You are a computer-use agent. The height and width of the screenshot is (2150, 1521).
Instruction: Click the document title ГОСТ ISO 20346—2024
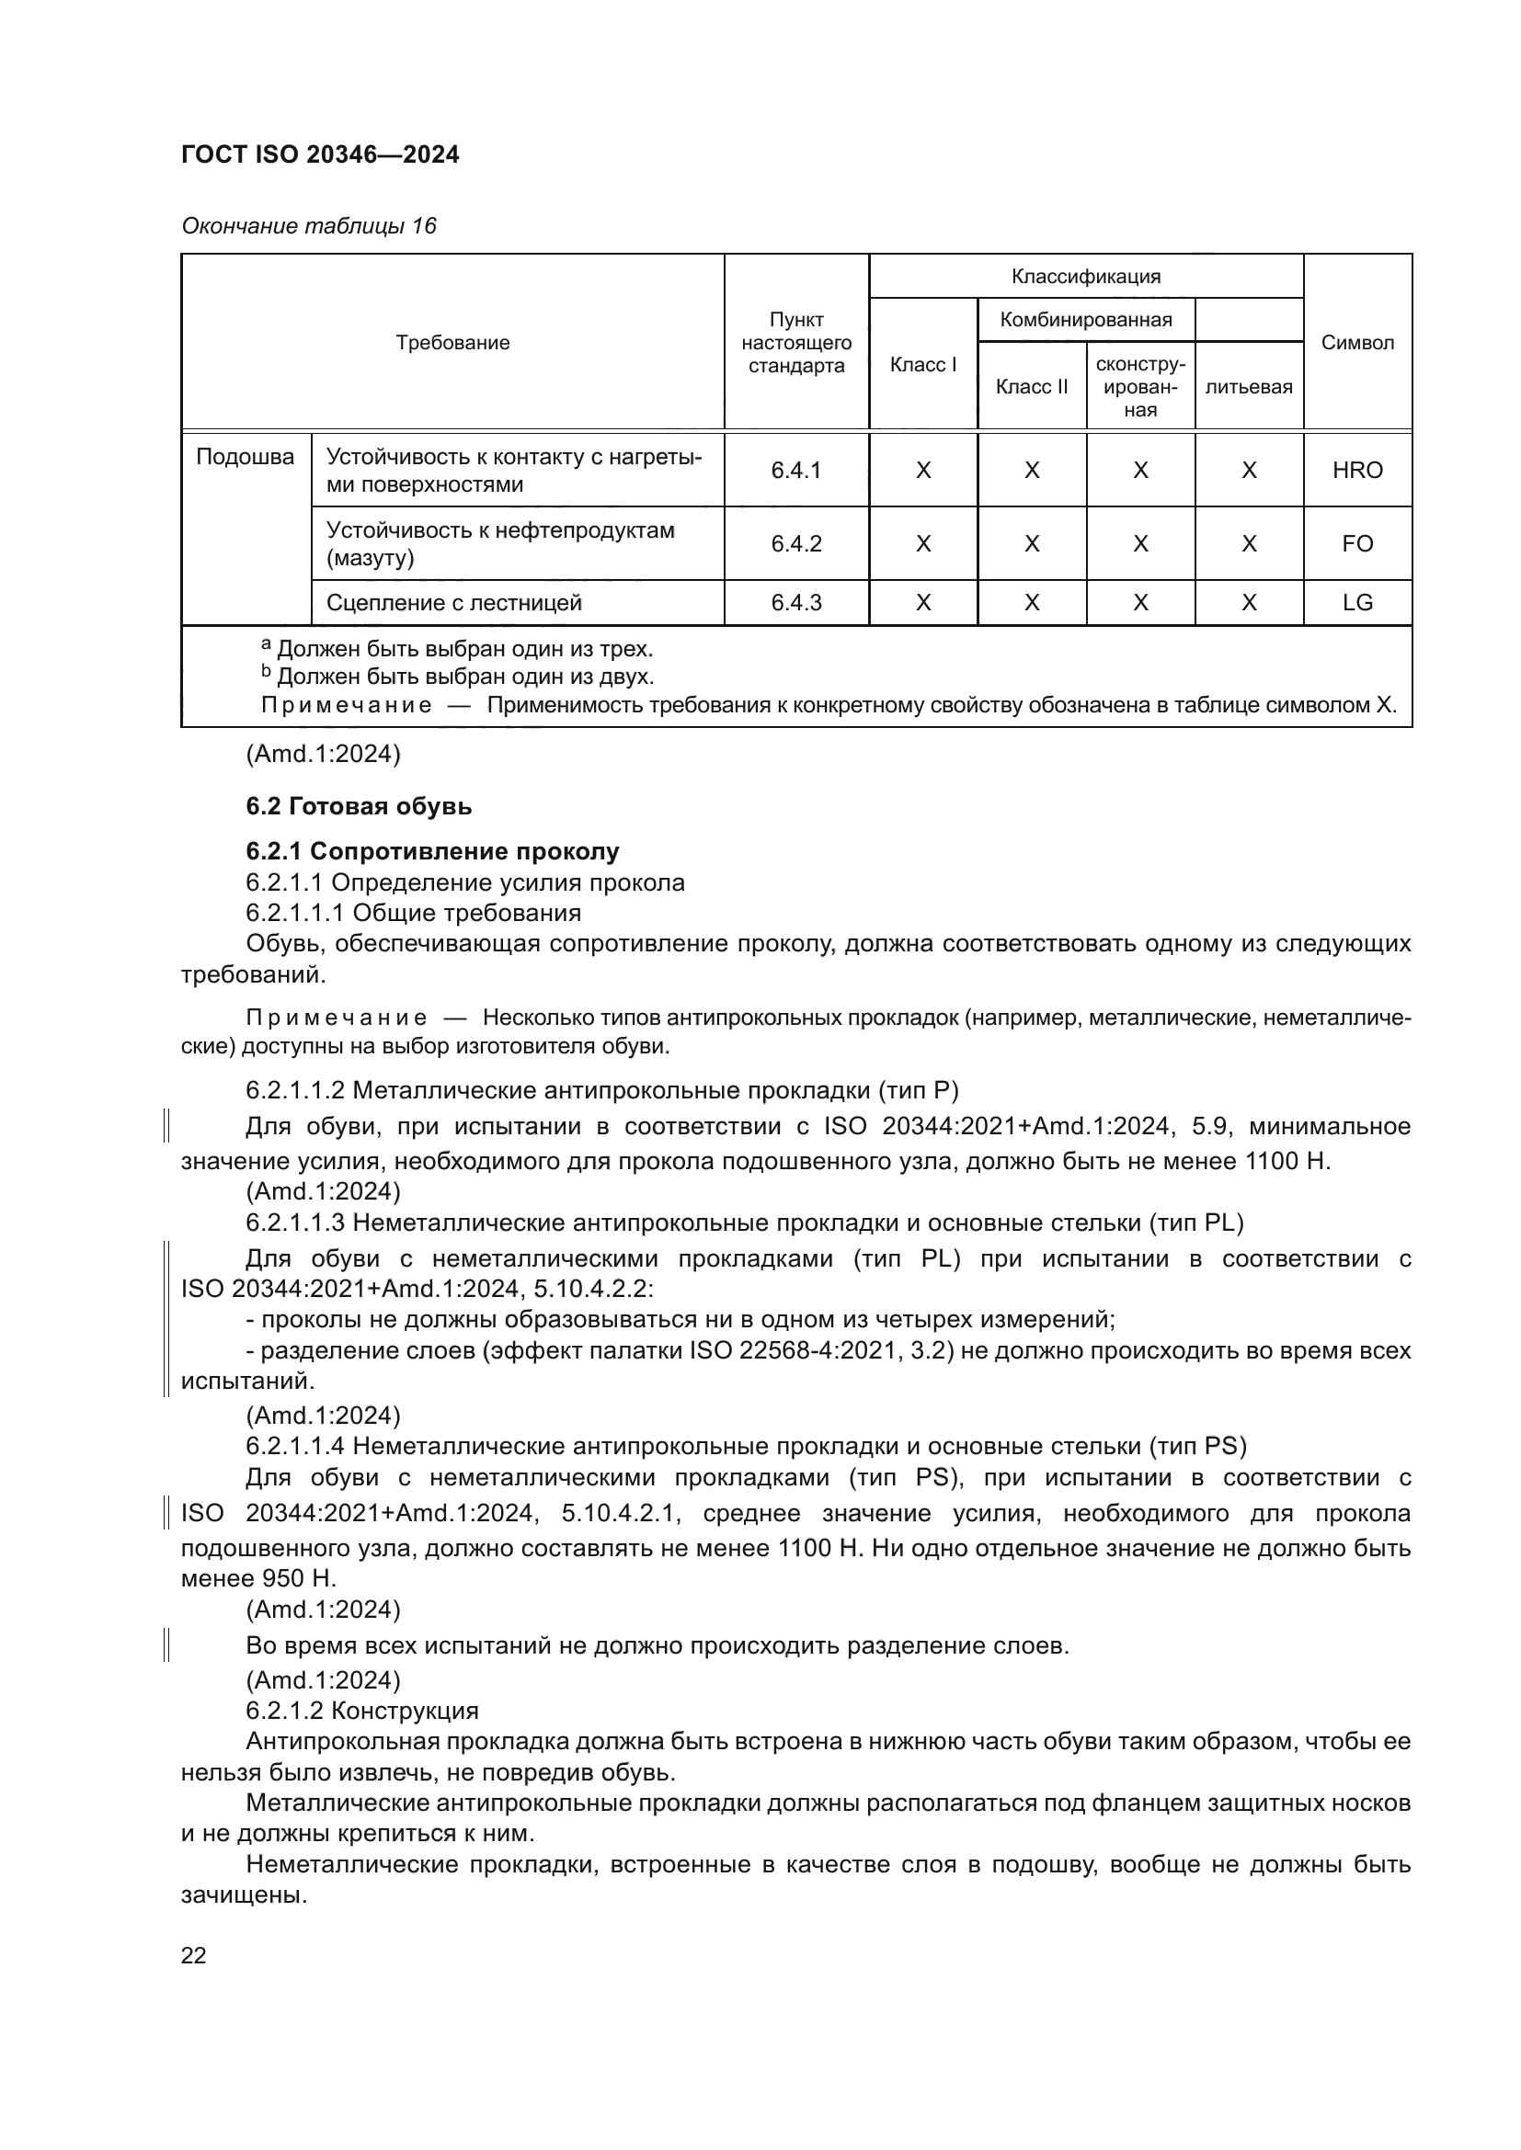point(320,154)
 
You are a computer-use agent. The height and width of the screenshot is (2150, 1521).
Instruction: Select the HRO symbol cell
point(1357,470)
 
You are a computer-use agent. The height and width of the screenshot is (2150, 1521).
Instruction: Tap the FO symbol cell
point(1357,544)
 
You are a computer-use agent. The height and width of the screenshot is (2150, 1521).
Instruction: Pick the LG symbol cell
point(1357,603)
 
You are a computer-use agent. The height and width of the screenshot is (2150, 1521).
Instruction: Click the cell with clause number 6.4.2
point(796,544)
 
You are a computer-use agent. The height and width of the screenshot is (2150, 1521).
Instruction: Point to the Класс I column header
point(922,364)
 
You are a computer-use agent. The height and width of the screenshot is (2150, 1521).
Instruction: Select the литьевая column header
point(1249,387)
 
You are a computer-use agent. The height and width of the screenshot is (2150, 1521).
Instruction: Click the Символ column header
point(1357,343)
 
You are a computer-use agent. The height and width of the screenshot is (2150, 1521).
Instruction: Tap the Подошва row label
point(246,457)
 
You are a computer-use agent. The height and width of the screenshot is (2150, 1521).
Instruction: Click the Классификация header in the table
point(1085,277)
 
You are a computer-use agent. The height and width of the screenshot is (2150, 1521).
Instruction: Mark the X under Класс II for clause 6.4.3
point(1031,603)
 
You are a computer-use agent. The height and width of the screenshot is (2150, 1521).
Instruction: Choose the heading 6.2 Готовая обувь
point(359,806)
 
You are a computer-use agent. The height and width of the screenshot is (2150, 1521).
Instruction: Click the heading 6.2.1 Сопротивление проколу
point(432,851)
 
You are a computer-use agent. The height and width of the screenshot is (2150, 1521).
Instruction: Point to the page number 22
point(194,1955)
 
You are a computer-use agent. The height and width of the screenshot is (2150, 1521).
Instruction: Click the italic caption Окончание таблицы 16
point(309,226)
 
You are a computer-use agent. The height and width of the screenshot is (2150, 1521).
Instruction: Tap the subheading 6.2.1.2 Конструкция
point(361,1711)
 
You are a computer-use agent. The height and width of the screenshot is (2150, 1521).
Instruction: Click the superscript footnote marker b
point(266,672)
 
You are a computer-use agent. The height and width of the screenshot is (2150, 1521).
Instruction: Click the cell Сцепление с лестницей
point(453,603)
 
